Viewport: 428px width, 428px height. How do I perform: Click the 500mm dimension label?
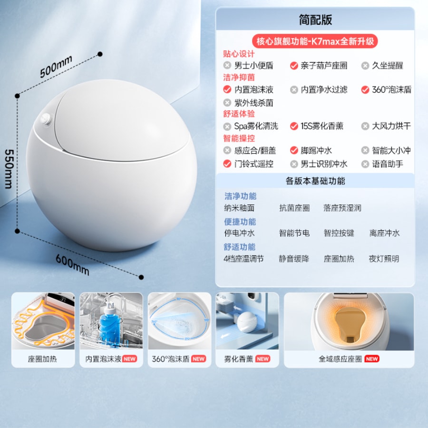point(56,66)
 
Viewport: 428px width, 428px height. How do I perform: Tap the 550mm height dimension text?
point(9,169)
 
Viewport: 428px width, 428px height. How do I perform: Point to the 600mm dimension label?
point(72,264)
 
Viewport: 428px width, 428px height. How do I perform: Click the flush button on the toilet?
point(46,119)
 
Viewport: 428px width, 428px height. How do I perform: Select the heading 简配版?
point(315,19)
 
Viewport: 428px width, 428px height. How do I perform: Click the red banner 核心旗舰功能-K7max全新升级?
point(315,41)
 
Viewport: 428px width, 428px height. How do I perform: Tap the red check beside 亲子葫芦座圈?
point(294,66)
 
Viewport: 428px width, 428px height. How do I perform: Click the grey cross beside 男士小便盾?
point(227,65)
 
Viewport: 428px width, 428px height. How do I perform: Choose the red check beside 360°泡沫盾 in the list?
point(365,89)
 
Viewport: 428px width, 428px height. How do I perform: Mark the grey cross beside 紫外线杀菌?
point(227,103)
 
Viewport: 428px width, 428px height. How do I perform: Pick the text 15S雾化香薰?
point(322,126)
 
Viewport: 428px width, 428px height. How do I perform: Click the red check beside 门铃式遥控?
point(227,164)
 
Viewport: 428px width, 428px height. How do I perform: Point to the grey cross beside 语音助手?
point(365,164)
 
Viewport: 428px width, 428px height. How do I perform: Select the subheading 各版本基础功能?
point(315,181)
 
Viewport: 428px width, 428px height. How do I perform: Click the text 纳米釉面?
point(239,208)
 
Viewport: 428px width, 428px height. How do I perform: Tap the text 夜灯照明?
point(384,259)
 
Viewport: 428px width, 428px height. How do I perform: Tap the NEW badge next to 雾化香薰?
point(263,359)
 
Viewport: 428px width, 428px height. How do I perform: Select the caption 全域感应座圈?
point(340,359)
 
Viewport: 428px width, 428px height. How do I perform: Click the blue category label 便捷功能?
point(240,222)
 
